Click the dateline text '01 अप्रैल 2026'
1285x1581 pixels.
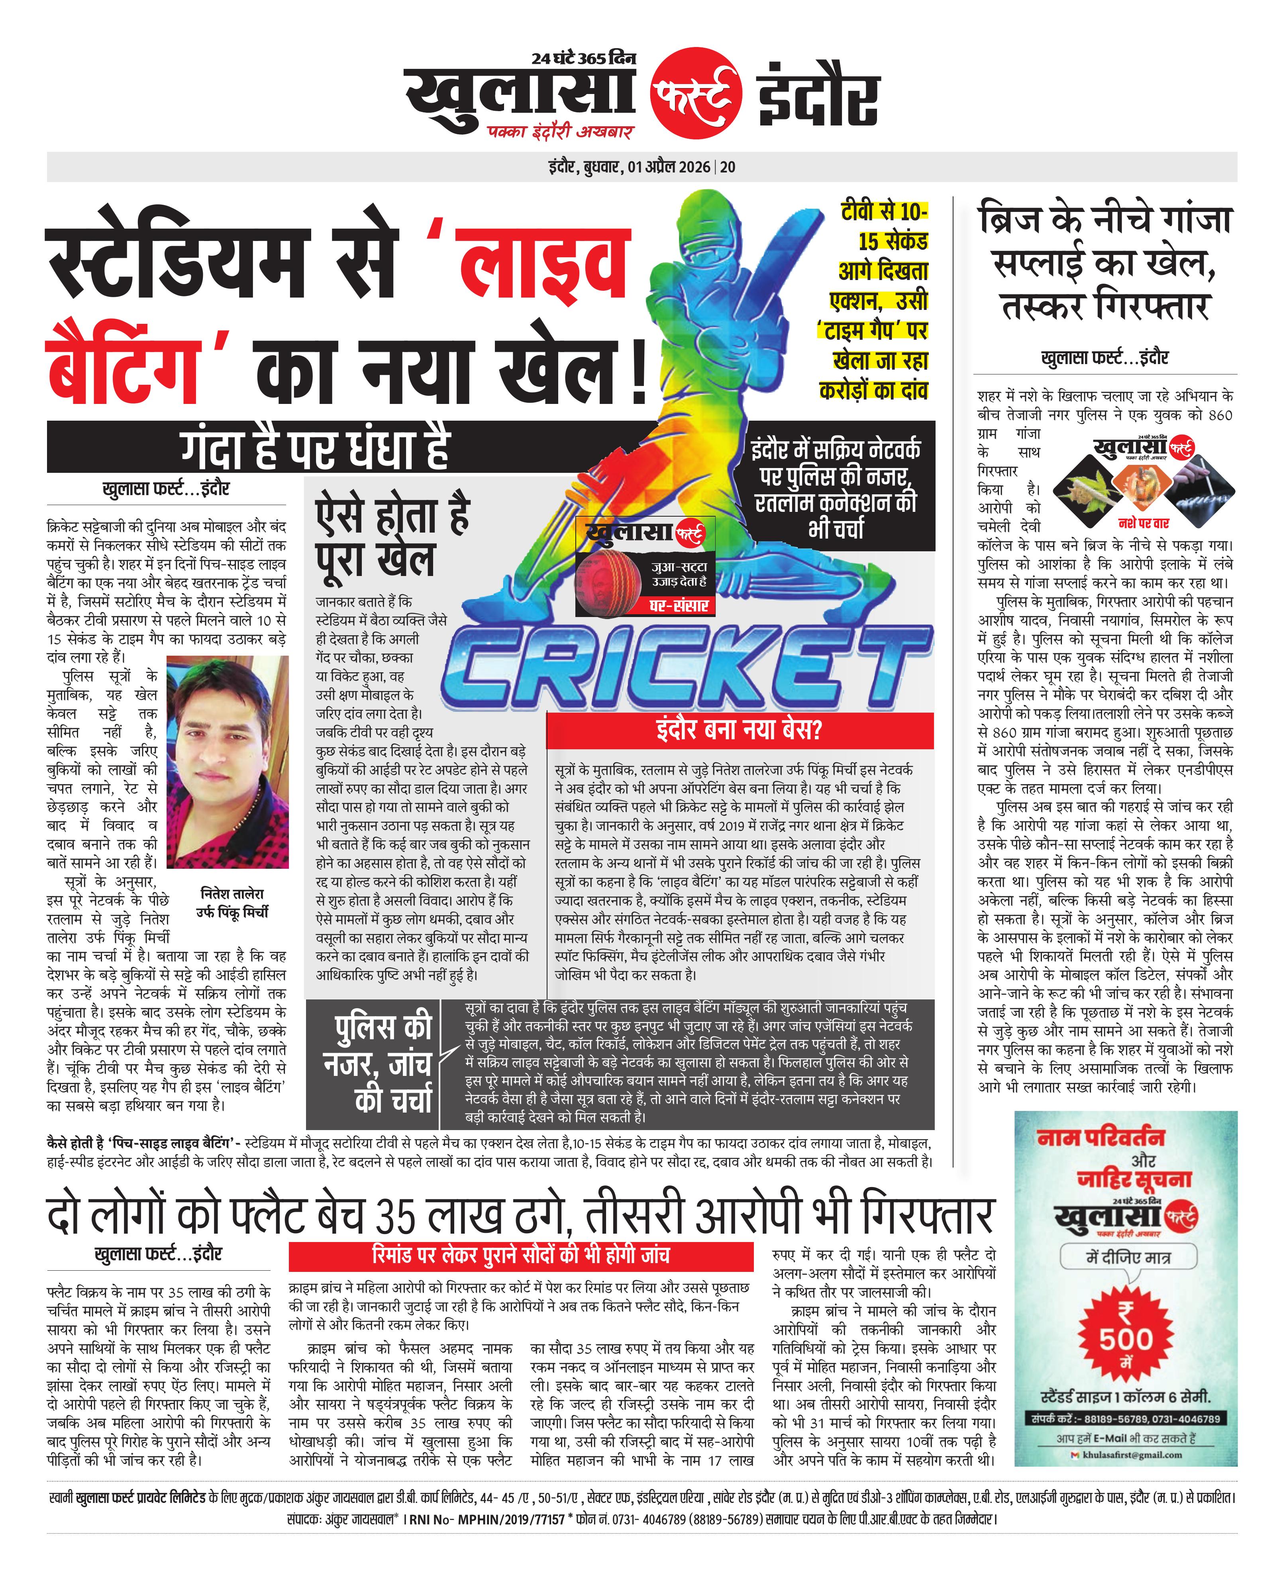669,167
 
